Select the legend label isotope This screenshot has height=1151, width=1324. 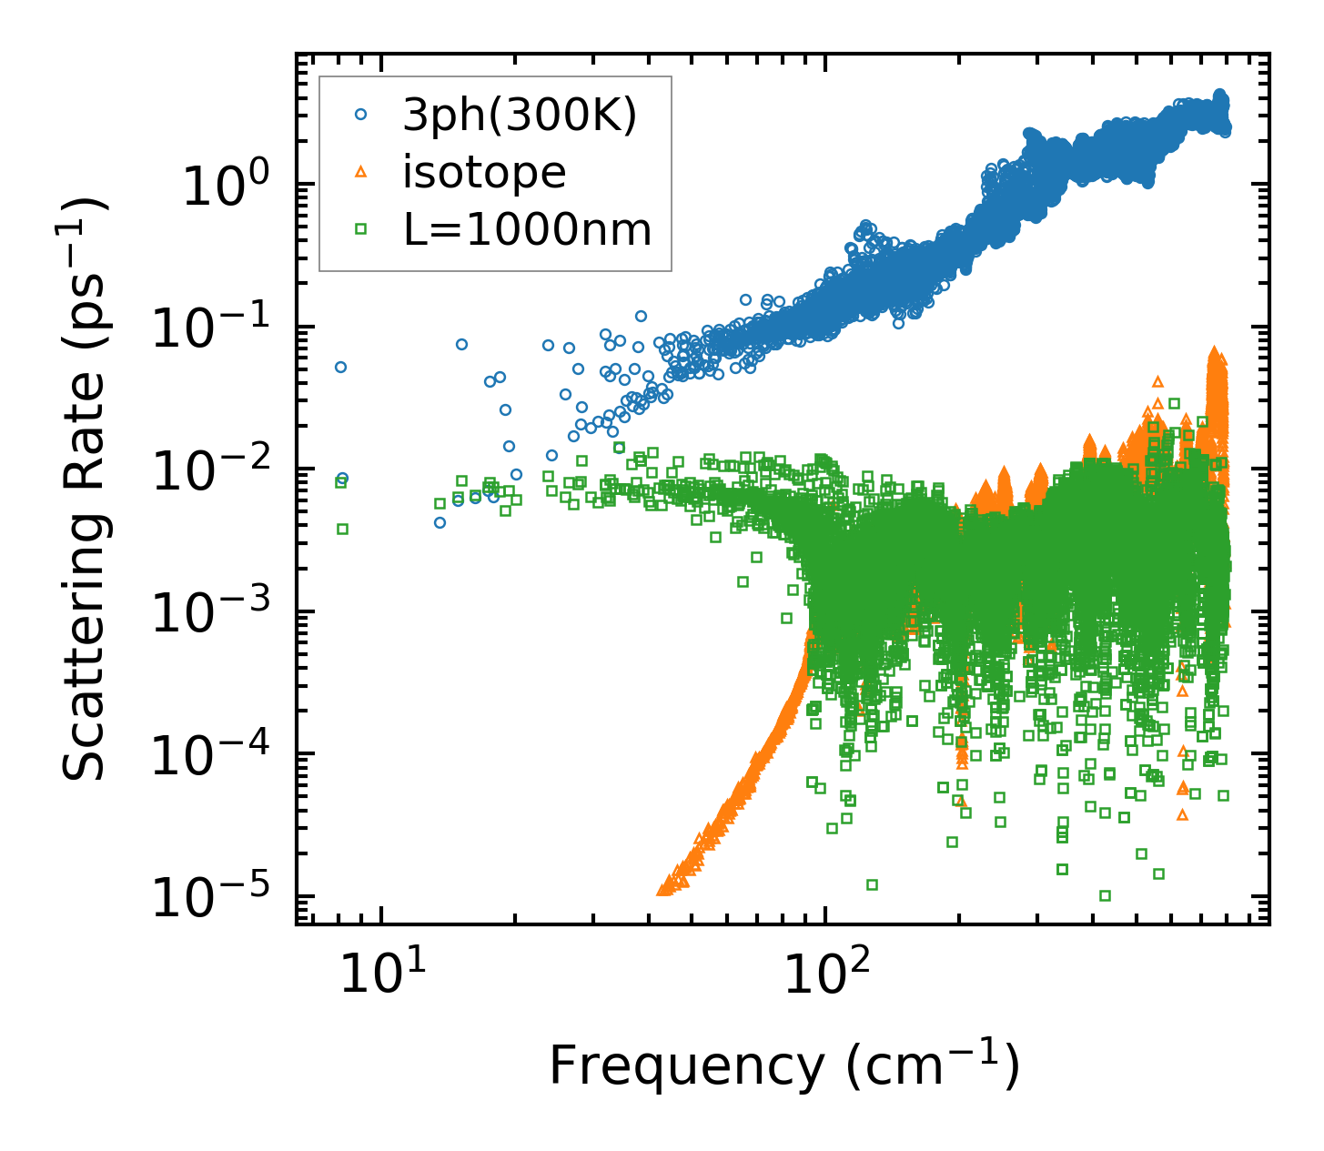[484, 172]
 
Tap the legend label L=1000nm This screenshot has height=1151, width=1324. [528, 230]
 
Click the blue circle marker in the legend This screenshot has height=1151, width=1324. [361, 115]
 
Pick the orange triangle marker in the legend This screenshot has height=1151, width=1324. [361, 172]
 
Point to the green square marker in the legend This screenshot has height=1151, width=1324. [361, 230]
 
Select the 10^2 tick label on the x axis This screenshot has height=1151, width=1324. [825, 974]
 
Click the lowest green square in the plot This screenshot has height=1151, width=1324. [1105, 895]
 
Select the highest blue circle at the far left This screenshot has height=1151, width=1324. [340, 368]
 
